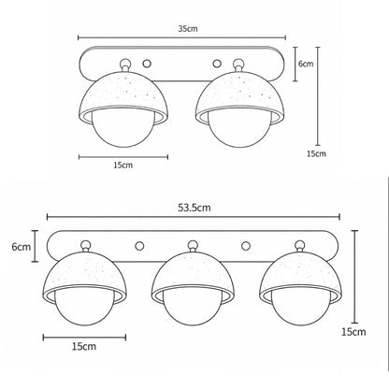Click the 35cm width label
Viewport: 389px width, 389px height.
188,29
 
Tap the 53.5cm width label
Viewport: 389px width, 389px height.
194,208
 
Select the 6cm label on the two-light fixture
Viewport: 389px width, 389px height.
306,64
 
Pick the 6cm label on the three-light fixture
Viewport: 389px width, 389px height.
22,247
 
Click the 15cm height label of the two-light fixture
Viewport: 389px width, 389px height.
316,153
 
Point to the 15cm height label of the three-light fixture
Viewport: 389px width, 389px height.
353,332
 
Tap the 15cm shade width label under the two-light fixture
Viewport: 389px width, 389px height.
122,165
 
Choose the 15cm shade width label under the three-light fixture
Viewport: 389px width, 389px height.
84,346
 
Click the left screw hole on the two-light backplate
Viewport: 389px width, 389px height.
147,64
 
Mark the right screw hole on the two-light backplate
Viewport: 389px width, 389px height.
217,64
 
